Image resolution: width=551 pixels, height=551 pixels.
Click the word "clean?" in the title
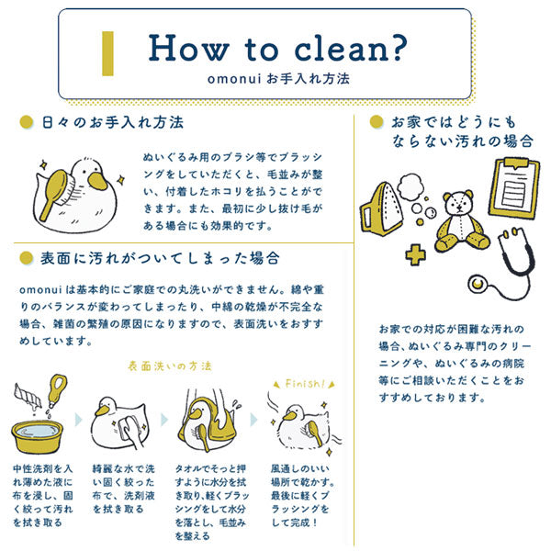point(350,49)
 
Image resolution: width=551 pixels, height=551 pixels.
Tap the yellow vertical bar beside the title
point(107,53)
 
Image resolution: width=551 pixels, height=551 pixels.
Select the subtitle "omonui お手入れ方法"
point(278,79)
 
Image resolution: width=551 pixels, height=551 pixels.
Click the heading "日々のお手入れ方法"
point(113,123)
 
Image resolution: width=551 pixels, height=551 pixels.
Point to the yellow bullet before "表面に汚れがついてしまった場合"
point(27,258)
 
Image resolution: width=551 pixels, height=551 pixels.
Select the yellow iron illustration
point(380,209)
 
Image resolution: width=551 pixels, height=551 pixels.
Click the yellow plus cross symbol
point(415,254)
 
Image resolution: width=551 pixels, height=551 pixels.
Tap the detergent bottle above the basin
point(57,389)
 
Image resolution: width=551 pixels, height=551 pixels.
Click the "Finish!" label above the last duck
point(305,383)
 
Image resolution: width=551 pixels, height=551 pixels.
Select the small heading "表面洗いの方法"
point(170,366)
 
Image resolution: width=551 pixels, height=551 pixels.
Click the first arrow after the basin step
point(78,420)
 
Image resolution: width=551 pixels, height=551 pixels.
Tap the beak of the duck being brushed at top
point(97,181)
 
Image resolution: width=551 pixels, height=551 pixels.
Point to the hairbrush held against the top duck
point(56,193)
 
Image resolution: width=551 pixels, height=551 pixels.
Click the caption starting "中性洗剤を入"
point(43,495)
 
